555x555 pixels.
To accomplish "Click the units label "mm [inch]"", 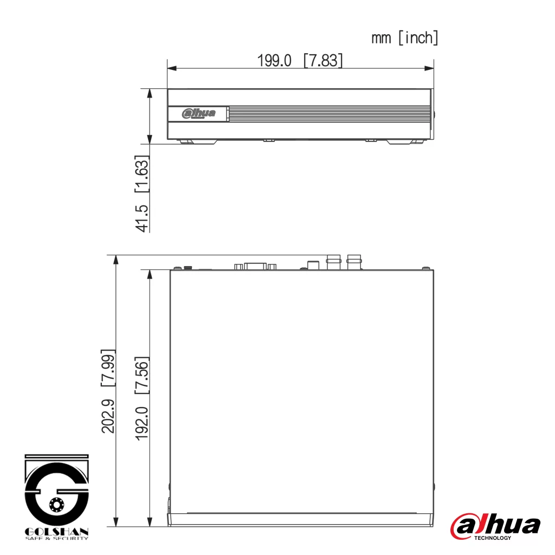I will [x=405, y=38].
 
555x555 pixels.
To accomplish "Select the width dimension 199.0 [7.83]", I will [x=300, y=60].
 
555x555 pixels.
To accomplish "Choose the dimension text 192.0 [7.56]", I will [x=142, y=398].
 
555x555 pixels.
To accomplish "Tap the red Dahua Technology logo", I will [x=495, y=526].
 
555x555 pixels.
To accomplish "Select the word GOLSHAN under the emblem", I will [x=57, y=532].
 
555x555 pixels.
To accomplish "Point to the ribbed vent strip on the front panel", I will [x=328, y=113].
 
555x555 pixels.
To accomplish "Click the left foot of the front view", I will [x=197, y=142].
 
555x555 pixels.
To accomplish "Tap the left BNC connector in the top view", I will [x=333, y=261].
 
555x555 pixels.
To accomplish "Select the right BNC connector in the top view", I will [x=354, y=261].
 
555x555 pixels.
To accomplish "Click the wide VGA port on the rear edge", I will [x=255, y=266].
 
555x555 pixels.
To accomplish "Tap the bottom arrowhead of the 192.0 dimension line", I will [x=150, y=521].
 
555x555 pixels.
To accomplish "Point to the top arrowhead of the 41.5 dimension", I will [x=150, y=93].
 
